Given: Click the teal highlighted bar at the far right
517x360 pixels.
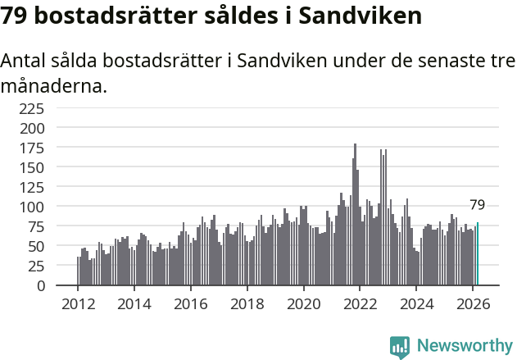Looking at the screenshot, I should [x=477, y=254].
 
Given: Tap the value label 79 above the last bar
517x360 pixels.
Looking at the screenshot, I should [x=477, y=205].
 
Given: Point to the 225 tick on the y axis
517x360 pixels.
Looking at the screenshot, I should [x=55, y=108].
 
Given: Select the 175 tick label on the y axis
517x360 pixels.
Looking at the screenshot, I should [x=55, y=148].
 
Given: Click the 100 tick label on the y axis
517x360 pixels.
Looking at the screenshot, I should [x=55, y=207].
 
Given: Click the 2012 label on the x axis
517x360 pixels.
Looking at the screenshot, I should [x=78, y=303].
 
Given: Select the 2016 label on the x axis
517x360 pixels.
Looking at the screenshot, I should [x=190, y=303].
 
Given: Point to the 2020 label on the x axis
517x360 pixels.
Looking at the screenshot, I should [x=303, y=303].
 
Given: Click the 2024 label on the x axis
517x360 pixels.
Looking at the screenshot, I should [x=416, y=303].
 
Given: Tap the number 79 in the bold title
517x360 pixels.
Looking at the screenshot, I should [x=16, y=16].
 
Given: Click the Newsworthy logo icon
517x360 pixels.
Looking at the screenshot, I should [x=400, y=347].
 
